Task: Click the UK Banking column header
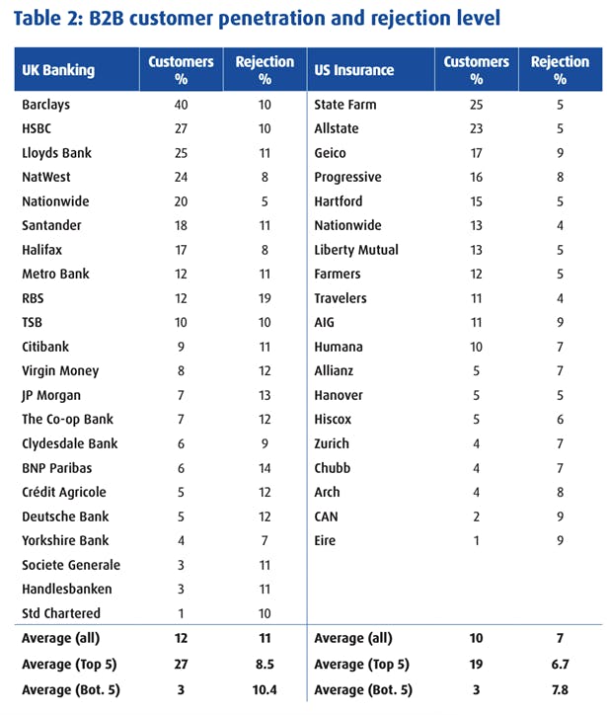pos(58,70)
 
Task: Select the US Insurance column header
pos(353,70)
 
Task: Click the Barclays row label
pos(45,105)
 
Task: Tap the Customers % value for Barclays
pos(181,105)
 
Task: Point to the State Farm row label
pos(344,105)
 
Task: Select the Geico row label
pos(330,153)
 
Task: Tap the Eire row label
pos(327,540)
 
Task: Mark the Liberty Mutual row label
pos(356,250)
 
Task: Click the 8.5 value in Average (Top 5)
pos(264,665)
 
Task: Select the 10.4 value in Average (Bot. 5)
pos(264,689)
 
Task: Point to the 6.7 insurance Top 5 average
pos(560,665)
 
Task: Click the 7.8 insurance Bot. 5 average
pos(560,689)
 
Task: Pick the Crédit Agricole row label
pos(64,492)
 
